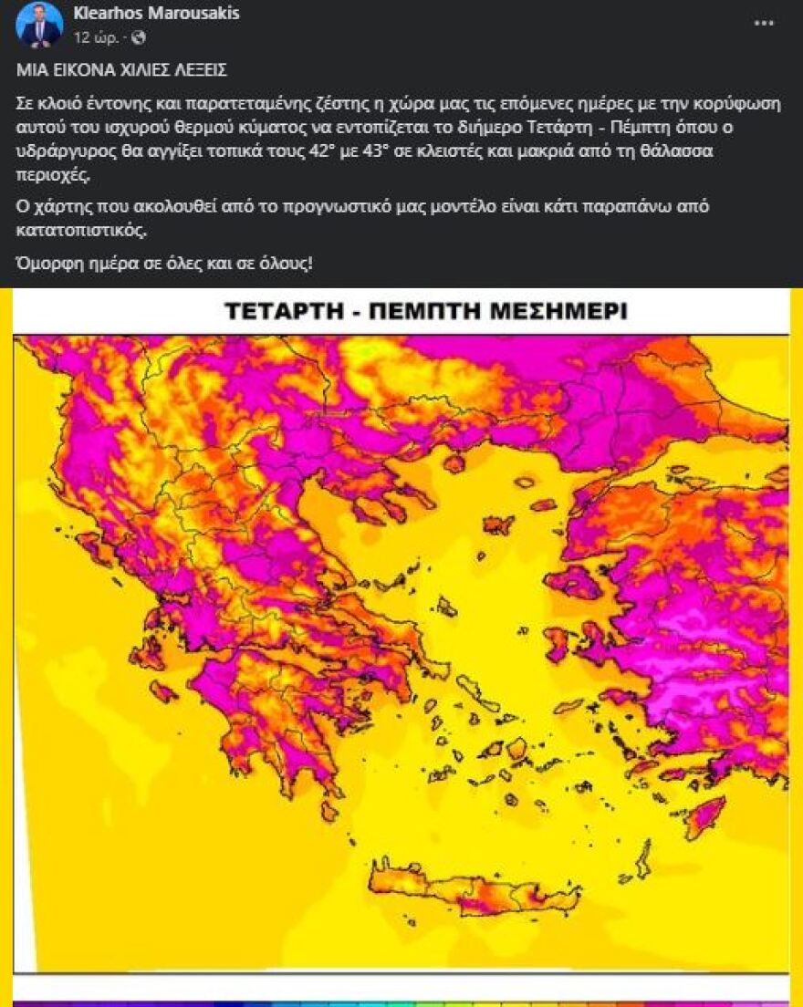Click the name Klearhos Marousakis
click(x=156, y=14)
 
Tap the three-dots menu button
click(x=764, y=23)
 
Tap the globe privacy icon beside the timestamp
click(x=139, y=37)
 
